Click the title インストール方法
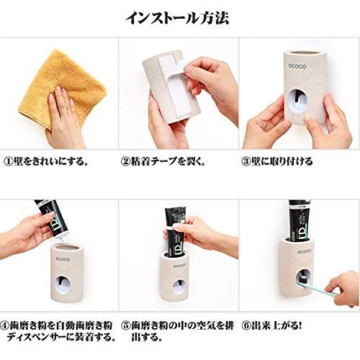pos(177,18)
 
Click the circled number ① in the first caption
pos(8,161)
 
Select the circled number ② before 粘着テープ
pos(125,161)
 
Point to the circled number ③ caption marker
pos(246,161)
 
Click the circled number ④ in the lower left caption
pos(4,325)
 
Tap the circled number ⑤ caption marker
pos(125,325)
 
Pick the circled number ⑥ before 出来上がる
pos(246,325)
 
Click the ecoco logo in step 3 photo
pos(297,66)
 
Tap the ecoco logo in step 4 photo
pos(63,259)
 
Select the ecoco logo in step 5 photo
pos(179,266)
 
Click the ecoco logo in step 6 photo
pos(305,251)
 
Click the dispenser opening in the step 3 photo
pos(298,101)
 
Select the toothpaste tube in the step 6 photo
pos(300,220)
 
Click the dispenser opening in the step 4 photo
pos(63,285)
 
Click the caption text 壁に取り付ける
pos(282,161)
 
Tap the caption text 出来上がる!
pos(276,325)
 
